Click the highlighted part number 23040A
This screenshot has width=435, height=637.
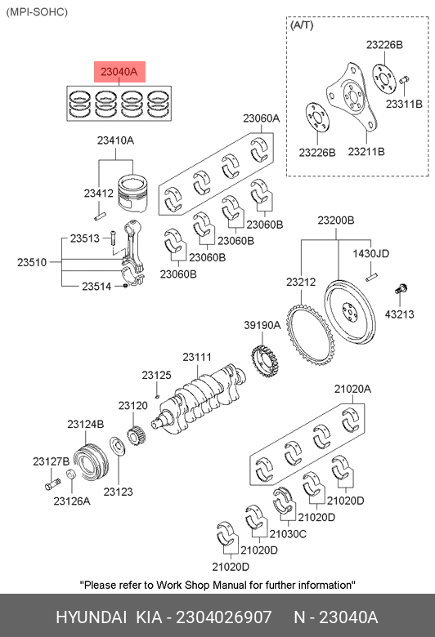(119, 72)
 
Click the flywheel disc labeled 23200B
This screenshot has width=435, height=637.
(349, 311)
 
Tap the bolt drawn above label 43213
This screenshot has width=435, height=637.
(401, 289)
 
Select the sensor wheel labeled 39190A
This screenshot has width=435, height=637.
(266, 360)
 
